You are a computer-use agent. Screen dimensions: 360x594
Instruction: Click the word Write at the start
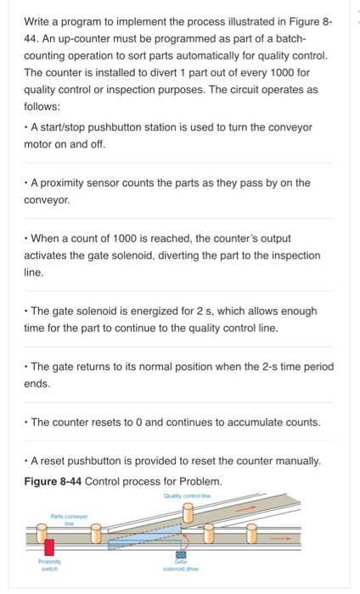pyautogui.click(x=38, y=21)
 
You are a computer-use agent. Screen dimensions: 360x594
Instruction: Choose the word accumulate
pyautogui.click(x=245, y=422)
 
